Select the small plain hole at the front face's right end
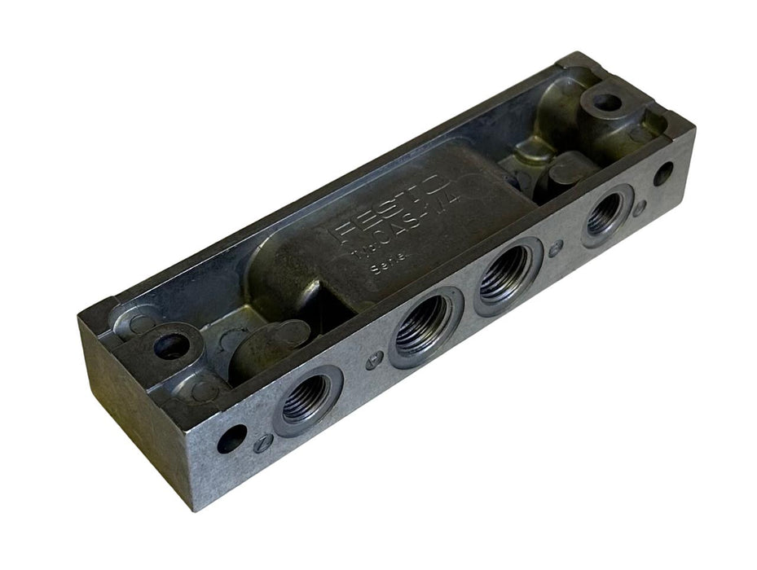point(665,173)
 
